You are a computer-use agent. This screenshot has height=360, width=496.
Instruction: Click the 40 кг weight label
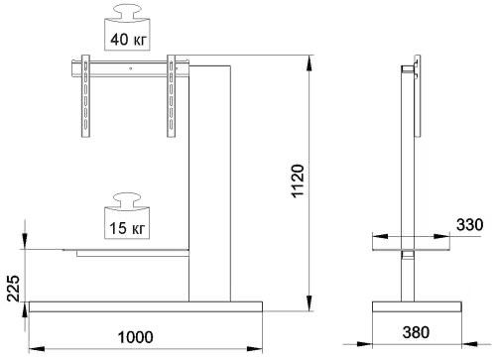click(128, 40)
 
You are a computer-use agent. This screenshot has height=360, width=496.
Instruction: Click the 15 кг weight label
click(127, 228)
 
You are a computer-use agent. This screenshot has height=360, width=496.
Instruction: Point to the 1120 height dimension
click(298, 180)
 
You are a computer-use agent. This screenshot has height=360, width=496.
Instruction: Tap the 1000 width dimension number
click(136, 337)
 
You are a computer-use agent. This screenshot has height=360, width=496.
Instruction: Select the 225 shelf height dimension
click(14, 288)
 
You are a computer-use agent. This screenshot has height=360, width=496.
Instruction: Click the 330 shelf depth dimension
click(470, 225)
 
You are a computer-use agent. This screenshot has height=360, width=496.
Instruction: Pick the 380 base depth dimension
click(416, 332)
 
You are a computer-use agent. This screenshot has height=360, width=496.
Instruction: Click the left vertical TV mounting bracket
click(85, 96)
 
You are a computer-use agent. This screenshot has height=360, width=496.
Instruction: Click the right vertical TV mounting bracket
click(171, 96)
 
